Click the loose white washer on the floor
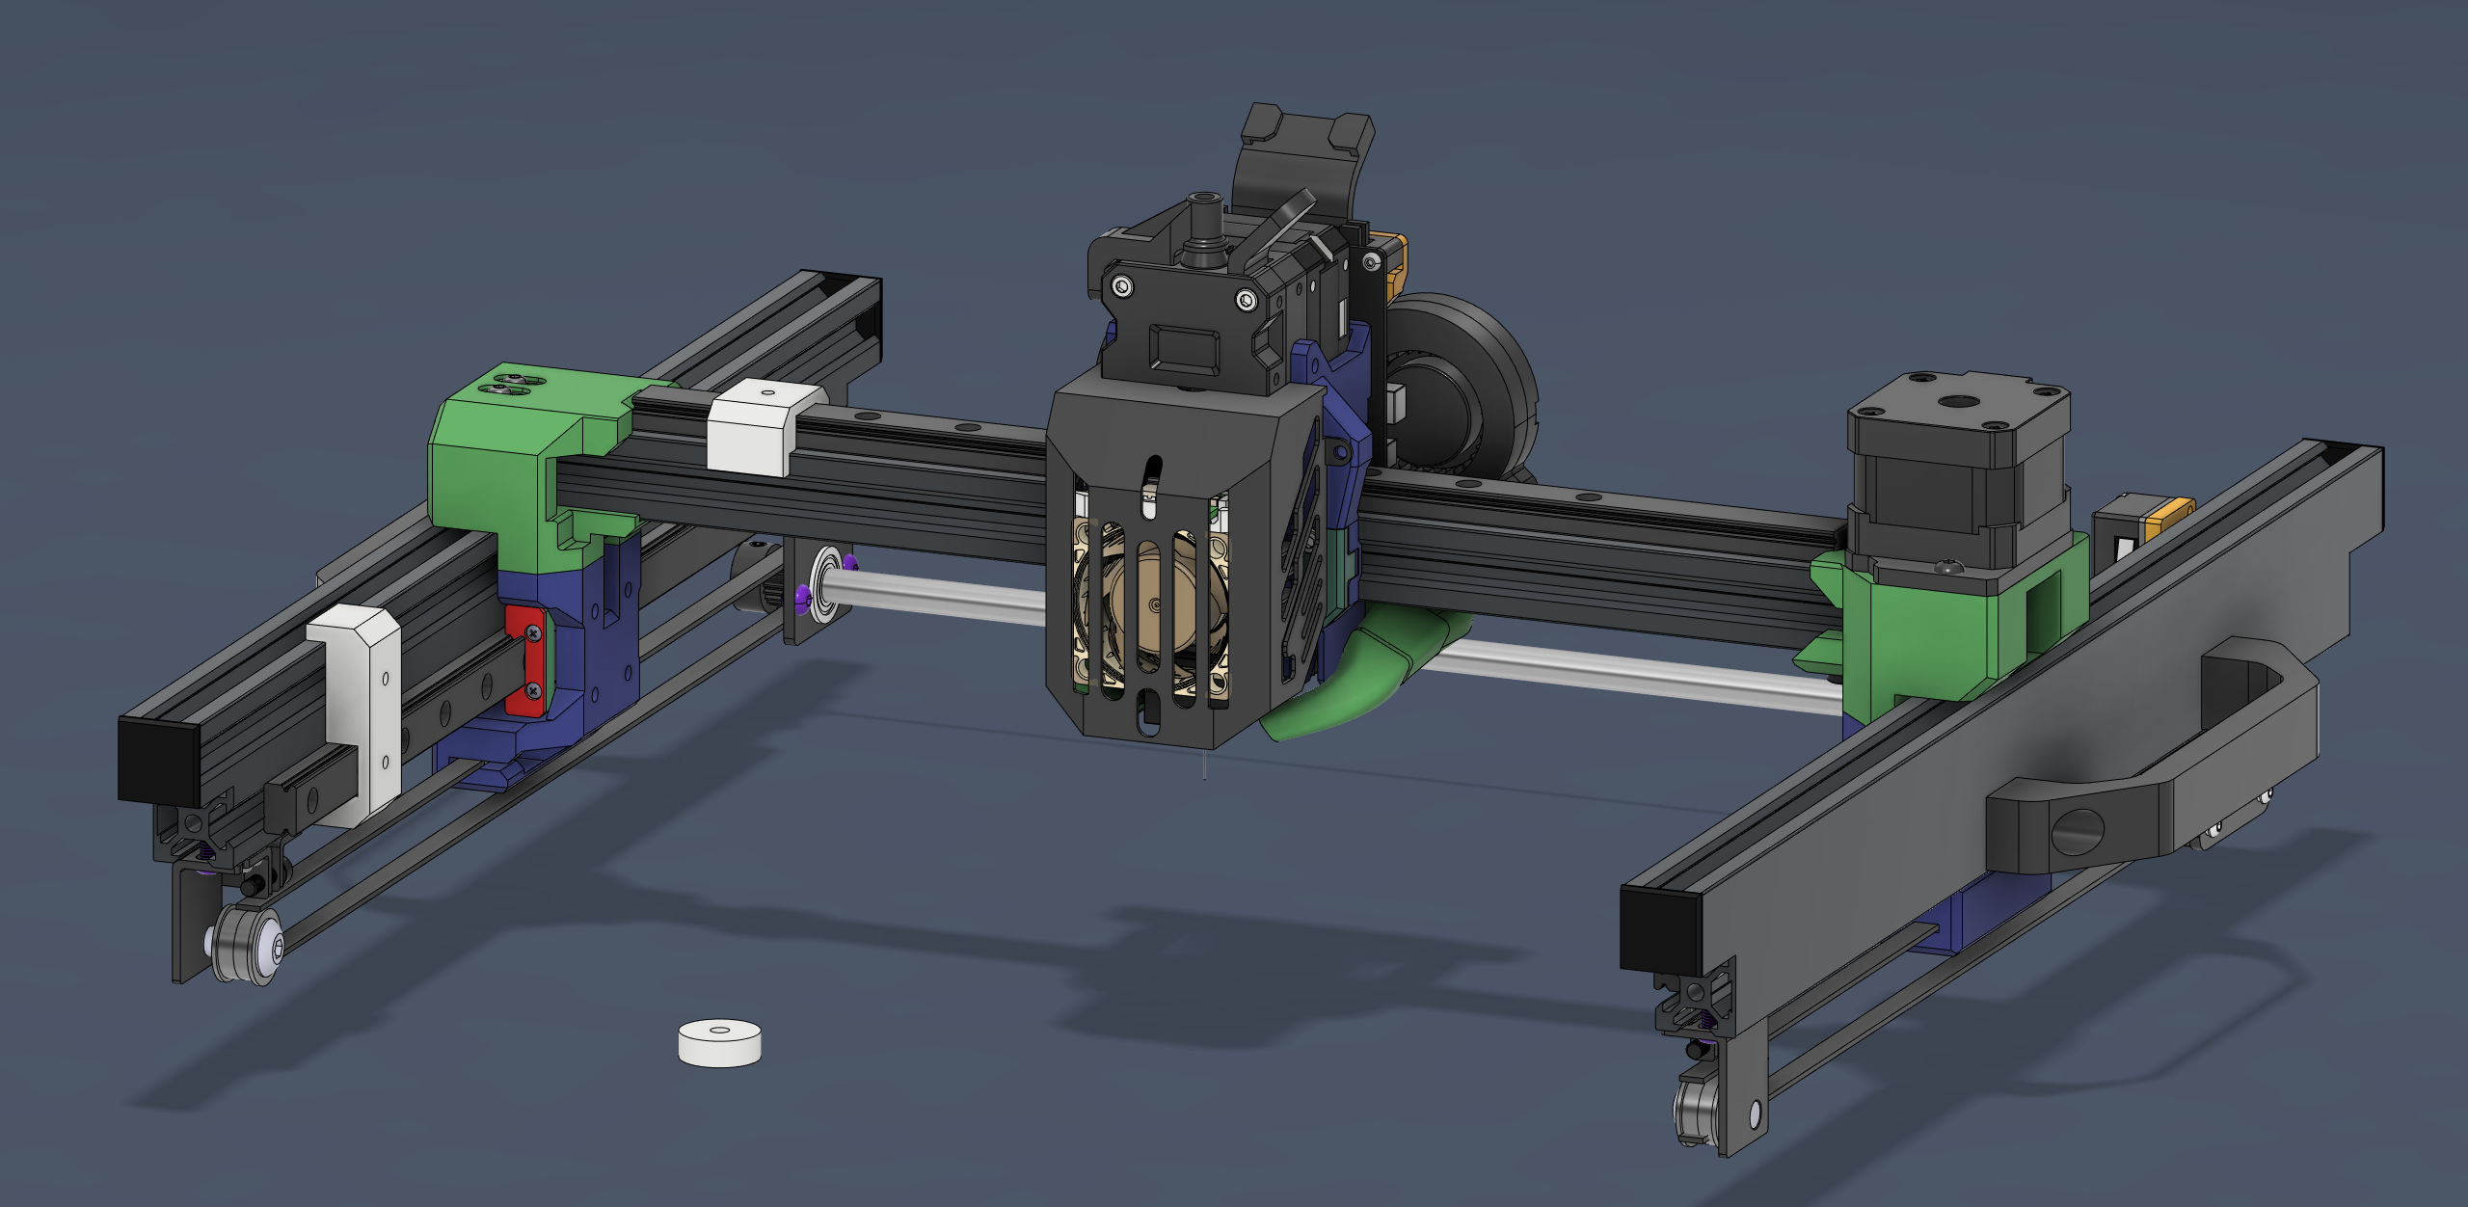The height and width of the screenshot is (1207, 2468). pyautogui.click(x=719, y=1042)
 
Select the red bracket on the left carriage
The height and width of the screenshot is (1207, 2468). pyautogui.click(x=524, y=661)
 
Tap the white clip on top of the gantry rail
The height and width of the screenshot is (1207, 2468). pyautogui.click(x=757, y=426)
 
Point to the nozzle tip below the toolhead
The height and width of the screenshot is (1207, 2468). pyautogui.click(x=1204, y=767)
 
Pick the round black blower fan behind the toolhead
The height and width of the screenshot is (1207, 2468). pyautogui.click(x=1465, y=386)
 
